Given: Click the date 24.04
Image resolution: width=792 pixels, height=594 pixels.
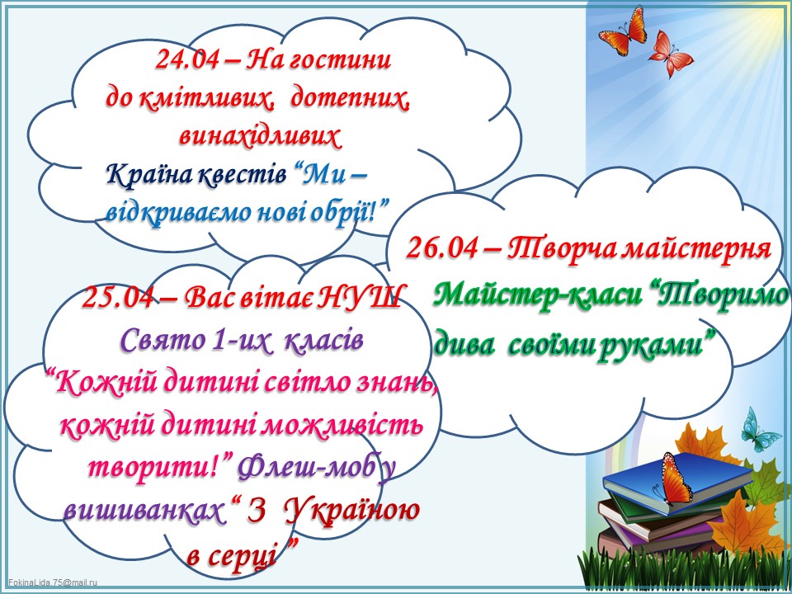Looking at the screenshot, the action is [187, 60].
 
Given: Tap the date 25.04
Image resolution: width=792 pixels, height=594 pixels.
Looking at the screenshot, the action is [117, 297].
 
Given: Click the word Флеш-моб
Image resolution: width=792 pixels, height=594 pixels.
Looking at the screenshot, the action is [307, 468].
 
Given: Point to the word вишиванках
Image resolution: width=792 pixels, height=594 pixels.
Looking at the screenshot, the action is [143, 511].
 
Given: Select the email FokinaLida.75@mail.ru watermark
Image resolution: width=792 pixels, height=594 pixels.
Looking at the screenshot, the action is [53, 582].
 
